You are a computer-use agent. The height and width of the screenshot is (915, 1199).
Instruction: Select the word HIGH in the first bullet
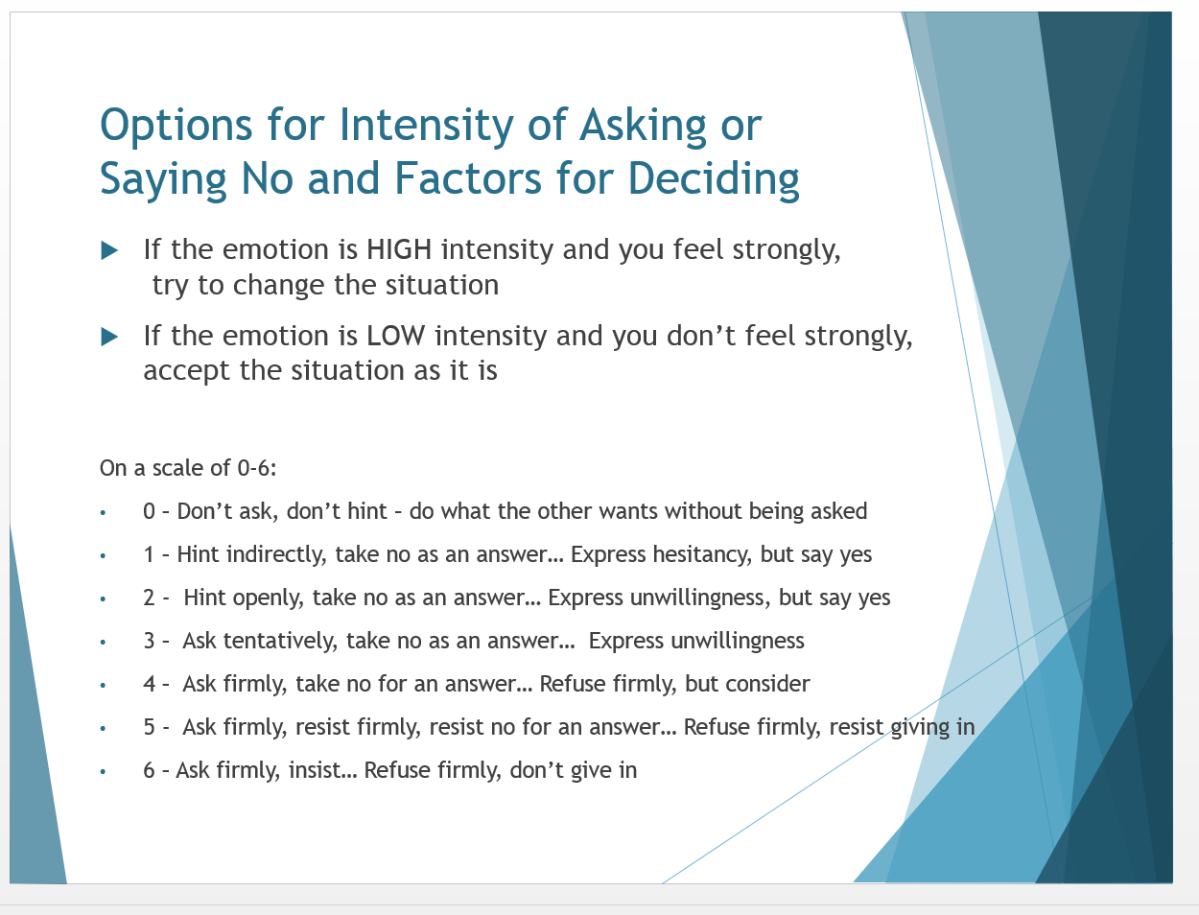coord(399,249)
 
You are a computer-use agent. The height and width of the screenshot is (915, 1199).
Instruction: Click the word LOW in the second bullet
coord(395,335)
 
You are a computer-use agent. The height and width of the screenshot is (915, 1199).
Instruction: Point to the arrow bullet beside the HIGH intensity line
coord(109,250)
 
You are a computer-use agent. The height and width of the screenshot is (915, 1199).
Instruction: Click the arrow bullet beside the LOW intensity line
coord(109,337)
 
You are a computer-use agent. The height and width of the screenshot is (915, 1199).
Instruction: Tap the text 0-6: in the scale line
coord(257,468)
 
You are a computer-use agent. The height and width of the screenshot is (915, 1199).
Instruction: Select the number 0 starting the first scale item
coord(149,511)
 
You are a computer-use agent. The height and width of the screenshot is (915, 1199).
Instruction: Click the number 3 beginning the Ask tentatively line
coord(149,641)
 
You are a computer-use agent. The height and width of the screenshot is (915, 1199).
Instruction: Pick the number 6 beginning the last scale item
coord(149,770)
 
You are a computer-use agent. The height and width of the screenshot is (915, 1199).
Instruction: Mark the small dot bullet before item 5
coord(103,728)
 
